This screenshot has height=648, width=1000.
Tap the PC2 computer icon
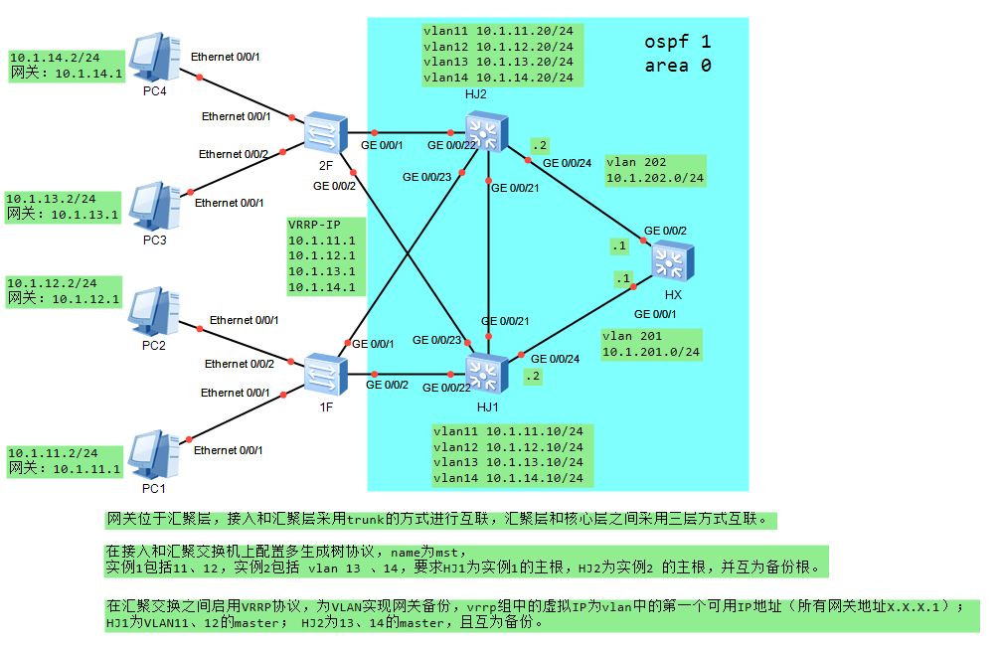point(154,312)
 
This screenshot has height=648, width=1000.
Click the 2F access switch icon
point(324,130)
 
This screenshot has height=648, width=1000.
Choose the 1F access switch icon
point(324,374)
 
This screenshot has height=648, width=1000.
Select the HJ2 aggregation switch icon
point(486,131)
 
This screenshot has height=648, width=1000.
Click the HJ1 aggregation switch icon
point(486,374)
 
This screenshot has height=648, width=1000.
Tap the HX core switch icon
point(672,263)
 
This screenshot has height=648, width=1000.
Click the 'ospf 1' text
point(677,43)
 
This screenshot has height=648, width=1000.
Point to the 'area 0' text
point(677,67)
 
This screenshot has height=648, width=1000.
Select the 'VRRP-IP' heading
point(313,224)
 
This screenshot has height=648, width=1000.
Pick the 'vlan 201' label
point(632,336)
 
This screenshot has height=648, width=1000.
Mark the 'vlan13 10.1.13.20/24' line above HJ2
point(498,62)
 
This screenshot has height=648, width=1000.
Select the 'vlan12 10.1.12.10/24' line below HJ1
point(508,447)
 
